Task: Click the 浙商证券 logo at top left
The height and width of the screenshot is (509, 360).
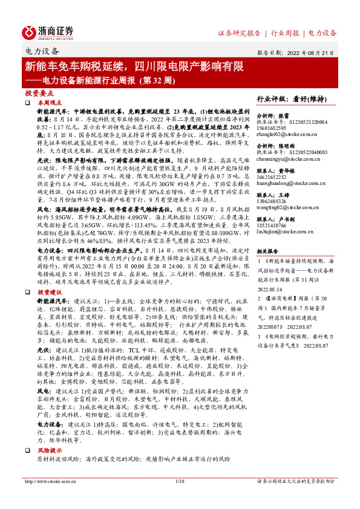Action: pyautogui.click(x=48, y=32)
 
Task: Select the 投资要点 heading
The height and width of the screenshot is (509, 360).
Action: pyautogui.click(x=40, y=94)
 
